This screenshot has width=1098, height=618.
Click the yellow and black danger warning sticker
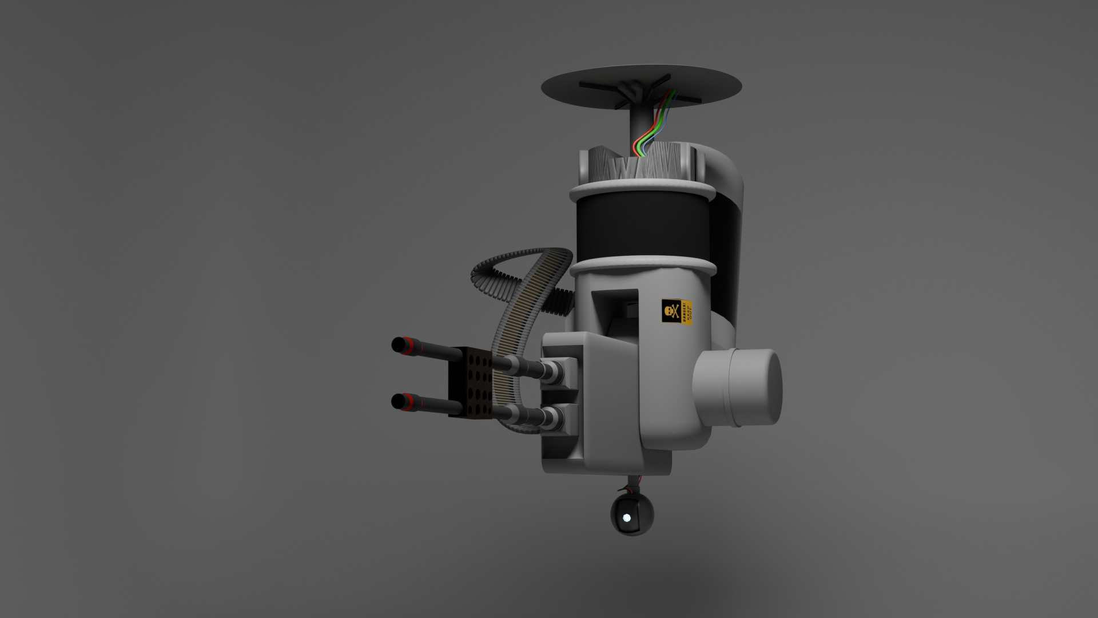pyautogui.click(x=677, y=312)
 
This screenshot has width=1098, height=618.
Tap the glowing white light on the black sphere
pyautogui.click(x=627, y=518)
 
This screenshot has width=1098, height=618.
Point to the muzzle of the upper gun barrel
pyautogui.click(x=396, y=345)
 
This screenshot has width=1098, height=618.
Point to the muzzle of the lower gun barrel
pyautogui.click(x=396, y=401)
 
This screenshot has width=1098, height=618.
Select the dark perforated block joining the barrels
pyautogui.click(x=470, y=382)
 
